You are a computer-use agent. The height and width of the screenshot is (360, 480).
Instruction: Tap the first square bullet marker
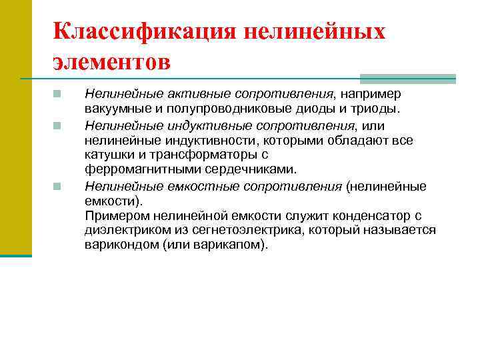[58, 94]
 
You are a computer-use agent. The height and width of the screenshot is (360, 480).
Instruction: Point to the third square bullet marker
[58, 187]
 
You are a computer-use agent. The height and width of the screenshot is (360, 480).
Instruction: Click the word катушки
[107, 155]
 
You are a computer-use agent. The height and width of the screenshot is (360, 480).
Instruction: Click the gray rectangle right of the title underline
[407, 78]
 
